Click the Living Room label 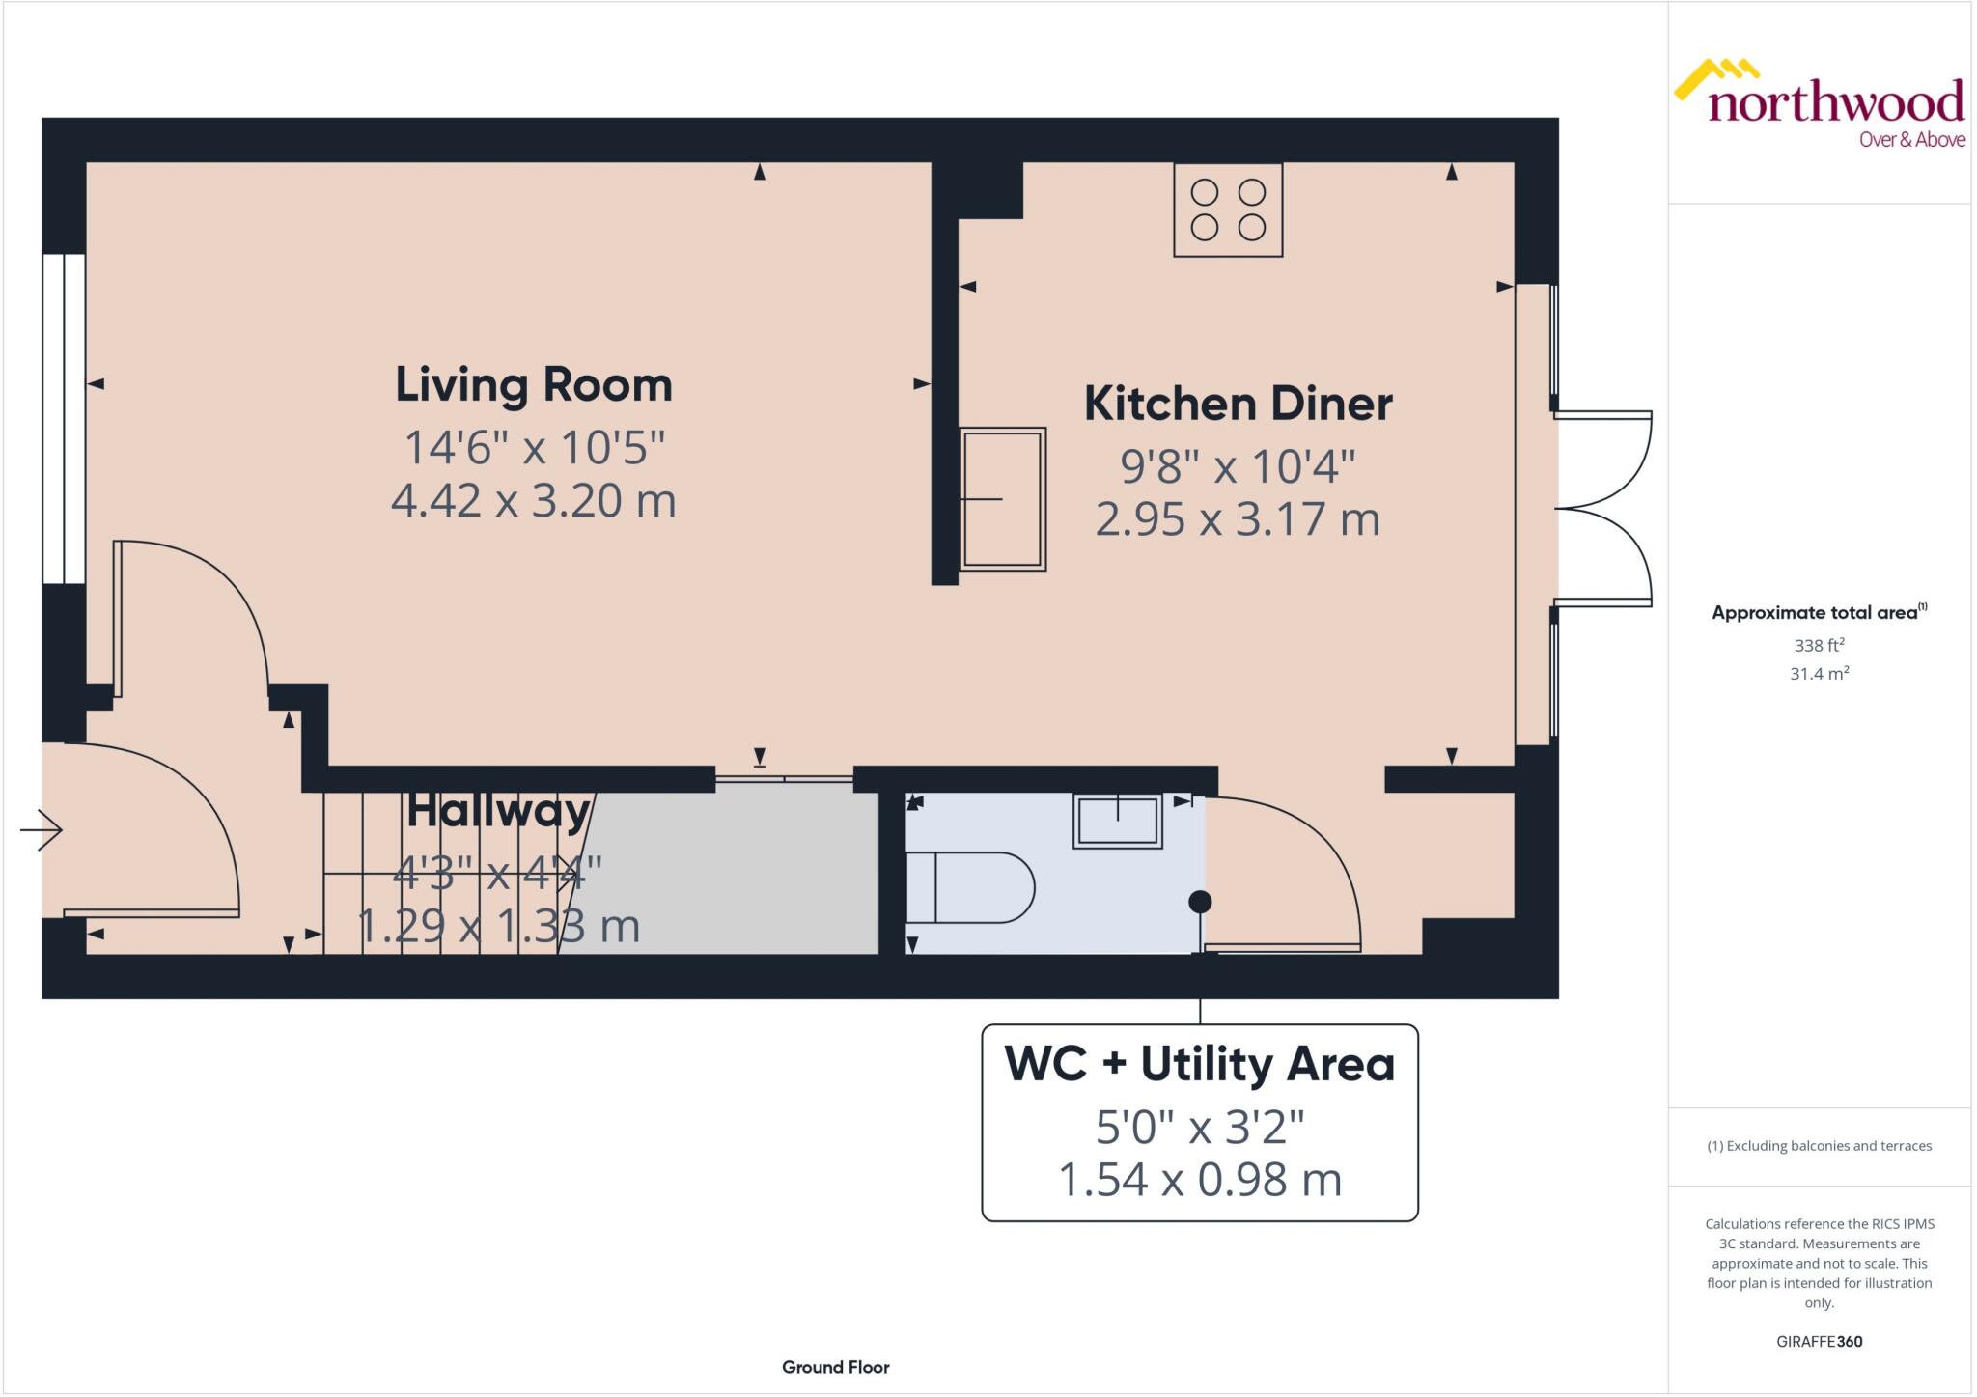[533, 385]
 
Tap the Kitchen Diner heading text [1238, 404]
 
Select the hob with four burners [1227, 210]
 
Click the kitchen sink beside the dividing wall [1002, 498]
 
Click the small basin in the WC [1117, 822]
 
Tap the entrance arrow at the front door [42, 829]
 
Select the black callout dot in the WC [1200, 902]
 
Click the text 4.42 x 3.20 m [533, 500]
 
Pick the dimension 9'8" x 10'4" [1238, 466]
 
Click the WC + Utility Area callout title [1199, 1064]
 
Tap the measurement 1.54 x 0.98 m [1199, 1180]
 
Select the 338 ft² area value [1819, 645]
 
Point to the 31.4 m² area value [1819, 674]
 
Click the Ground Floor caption [835, 1367]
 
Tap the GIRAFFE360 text [1819, 1341]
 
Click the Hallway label [498, 810]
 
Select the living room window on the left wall [64, 418]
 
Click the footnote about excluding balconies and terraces [1819, 1146]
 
